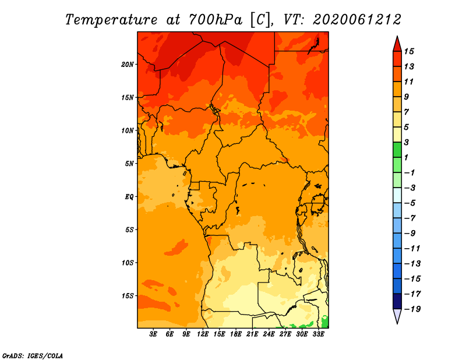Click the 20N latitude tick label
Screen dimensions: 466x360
coord(128,65)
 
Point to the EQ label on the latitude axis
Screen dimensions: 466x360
coord(129,197)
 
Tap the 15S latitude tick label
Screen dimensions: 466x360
coord(128,296)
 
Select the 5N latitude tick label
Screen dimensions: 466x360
coord(129,164)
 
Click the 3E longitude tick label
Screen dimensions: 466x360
coord(153,334)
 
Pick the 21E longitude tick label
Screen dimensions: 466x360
coord(252,334)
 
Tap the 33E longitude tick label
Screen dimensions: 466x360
coord(318,334)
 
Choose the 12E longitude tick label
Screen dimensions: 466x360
coord(203,334)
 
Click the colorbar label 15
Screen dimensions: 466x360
coord(409,51)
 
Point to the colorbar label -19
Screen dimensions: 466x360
coord(412,309)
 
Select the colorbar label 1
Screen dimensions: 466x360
coord(406,157)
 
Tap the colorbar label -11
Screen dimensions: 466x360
coord(412,249)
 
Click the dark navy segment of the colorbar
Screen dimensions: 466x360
coord(397,301)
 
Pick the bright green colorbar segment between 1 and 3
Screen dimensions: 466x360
coord(397,150)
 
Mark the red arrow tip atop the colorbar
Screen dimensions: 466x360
coord(397,36)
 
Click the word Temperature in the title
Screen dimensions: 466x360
coord(111,20)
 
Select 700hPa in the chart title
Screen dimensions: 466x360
coord(215,20)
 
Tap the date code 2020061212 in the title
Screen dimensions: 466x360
coord(357,20)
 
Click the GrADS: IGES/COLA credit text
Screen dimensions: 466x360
coord(33,356)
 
